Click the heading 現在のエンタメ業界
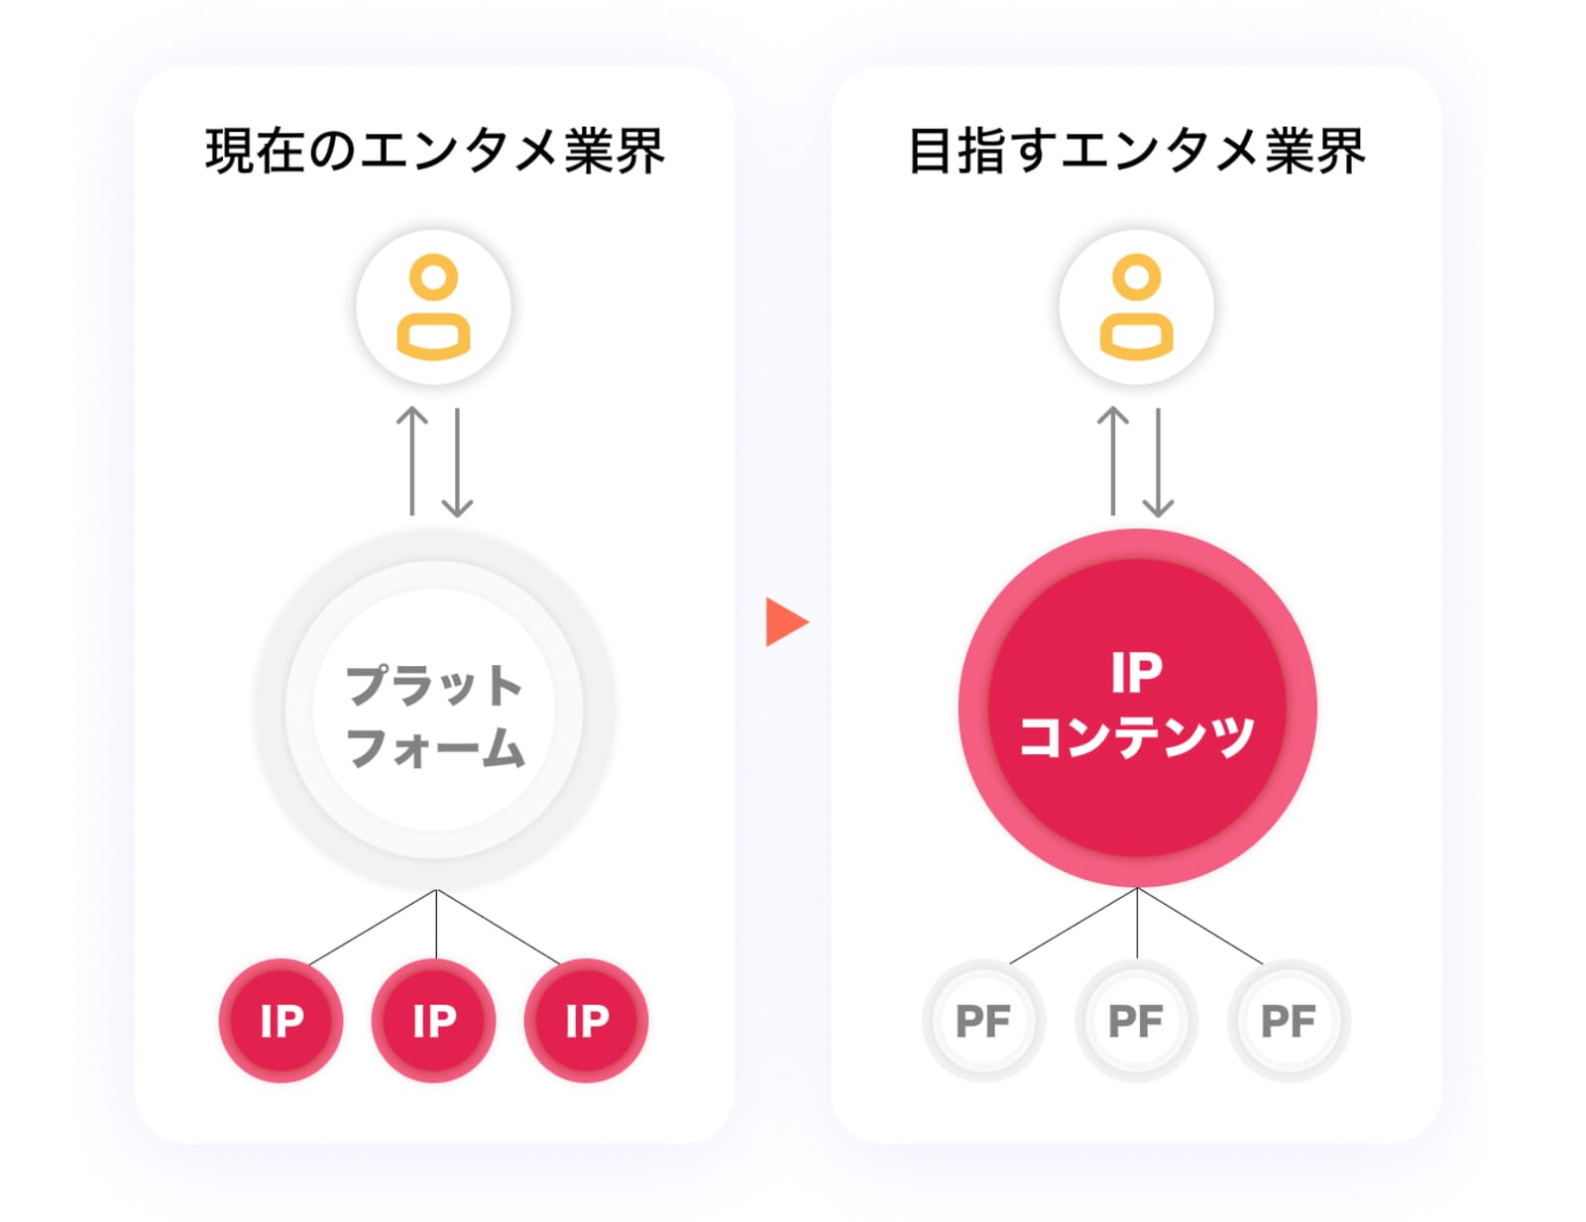click(x=434, y=151)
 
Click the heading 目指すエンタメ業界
click(x=1136, y=151)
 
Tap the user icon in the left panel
click(x=433, y=307)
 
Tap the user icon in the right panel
click(x=1136, y=307)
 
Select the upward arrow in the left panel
click(x=412, y=461)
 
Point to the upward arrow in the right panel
click(x=1113, y=461)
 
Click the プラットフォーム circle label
click(x=434, y=717)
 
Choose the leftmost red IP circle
click(x=281, y=1020)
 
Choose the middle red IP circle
click(x=433, y=1020)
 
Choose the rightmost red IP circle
click(x=586, y=1020)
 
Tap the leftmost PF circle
click(x=984, y=1020)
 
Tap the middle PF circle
click(x=1136, y=1020)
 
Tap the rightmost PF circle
click(x=1289, y=1020)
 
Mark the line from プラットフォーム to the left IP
click(x=373, y=928)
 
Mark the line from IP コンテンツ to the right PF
click(x=1199, y=926)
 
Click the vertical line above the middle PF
click(x=1137, y=923)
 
